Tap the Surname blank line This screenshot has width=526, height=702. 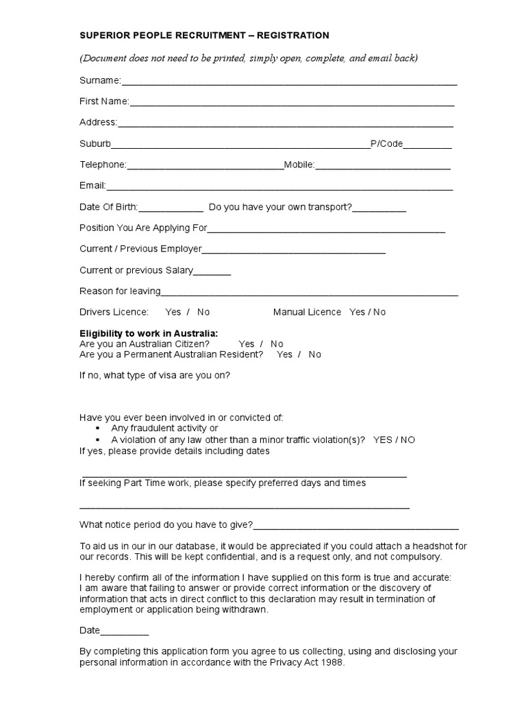click(x=289, y=82)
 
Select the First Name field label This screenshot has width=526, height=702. click(x=104, y=101)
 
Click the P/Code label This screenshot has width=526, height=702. click(x=386, y=144)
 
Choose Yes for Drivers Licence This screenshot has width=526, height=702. click(x=173, y=312)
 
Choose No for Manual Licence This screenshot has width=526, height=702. click(x=379, y=312)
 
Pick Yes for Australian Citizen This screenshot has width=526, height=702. click(x=247, y=344)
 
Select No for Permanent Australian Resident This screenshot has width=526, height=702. click(x=314, y=354)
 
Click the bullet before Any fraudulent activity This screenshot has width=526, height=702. click(x=97, y=428)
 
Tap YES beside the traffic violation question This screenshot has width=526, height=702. click(x=383, y=439)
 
